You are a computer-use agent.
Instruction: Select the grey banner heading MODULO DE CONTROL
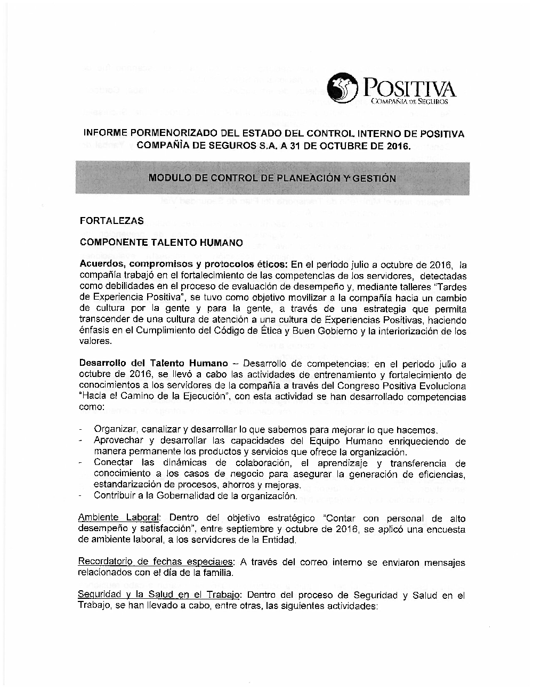[272, 178]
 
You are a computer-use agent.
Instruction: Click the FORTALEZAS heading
[111, 221]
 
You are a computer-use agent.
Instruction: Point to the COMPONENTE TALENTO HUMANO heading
[161, 243]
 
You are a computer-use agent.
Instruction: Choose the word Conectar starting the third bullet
[114, 463]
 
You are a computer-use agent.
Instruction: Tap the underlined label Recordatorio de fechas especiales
[156, 562]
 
